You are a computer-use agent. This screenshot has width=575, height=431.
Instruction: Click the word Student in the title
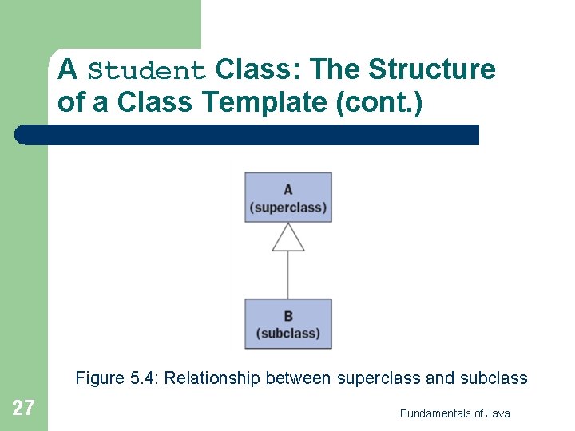pyautogui.click(x=147, y=71)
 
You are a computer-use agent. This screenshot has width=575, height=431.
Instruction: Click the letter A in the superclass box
pyautogui.click(x=287, y=190)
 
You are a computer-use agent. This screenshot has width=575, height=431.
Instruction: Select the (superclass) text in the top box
pyautogui.click(x=287, y=208)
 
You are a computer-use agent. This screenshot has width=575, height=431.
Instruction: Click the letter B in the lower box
pyautogui.click(x=287, y=316)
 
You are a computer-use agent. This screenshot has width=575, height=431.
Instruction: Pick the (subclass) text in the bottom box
pyautogui.click(x=287, y=334)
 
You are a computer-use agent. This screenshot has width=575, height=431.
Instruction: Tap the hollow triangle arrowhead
pyautogui.click(x=287, y=238)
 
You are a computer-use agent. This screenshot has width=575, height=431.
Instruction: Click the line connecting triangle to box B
pyautogui.click(x=287, y=275)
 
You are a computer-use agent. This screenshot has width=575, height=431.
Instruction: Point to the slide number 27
pyautogui.click(x=23, y=409)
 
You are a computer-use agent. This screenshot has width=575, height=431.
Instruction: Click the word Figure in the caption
pyautogui.click(x=100, y=378)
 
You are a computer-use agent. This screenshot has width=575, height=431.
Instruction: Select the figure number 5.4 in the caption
pyautogui.click(x=145, y=378)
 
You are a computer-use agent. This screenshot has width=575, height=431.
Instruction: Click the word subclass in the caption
pyautogui.click(x=494, y=378)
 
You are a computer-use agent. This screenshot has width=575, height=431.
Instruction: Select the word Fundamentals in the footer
pyautogui.click(x=435, y=413)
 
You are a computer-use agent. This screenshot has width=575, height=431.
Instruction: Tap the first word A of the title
pyautogui.click(x=67, y=70)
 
